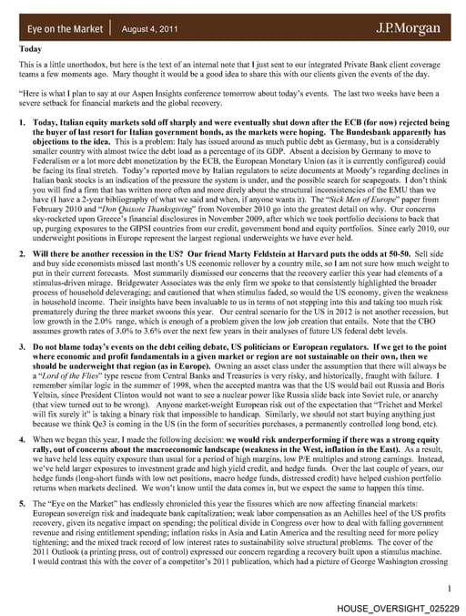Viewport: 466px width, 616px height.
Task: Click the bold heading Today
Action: coord(31,49)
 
